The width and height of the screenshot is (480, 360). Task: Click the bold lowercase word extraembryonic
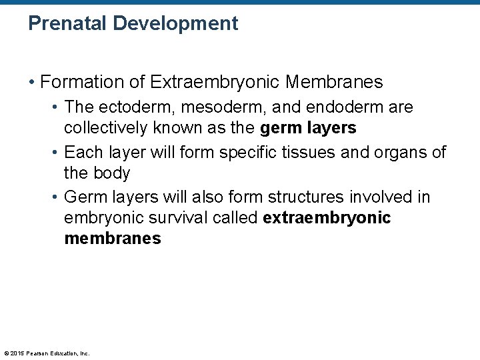pos(327,219)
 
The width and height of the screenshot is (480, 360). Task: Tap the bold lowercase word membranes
pos(113,239)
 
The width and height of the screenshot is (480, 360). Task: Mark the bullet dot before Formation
pos(32,83)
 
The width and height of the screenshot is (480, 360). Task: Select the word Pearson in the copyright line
pos(39,353)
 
